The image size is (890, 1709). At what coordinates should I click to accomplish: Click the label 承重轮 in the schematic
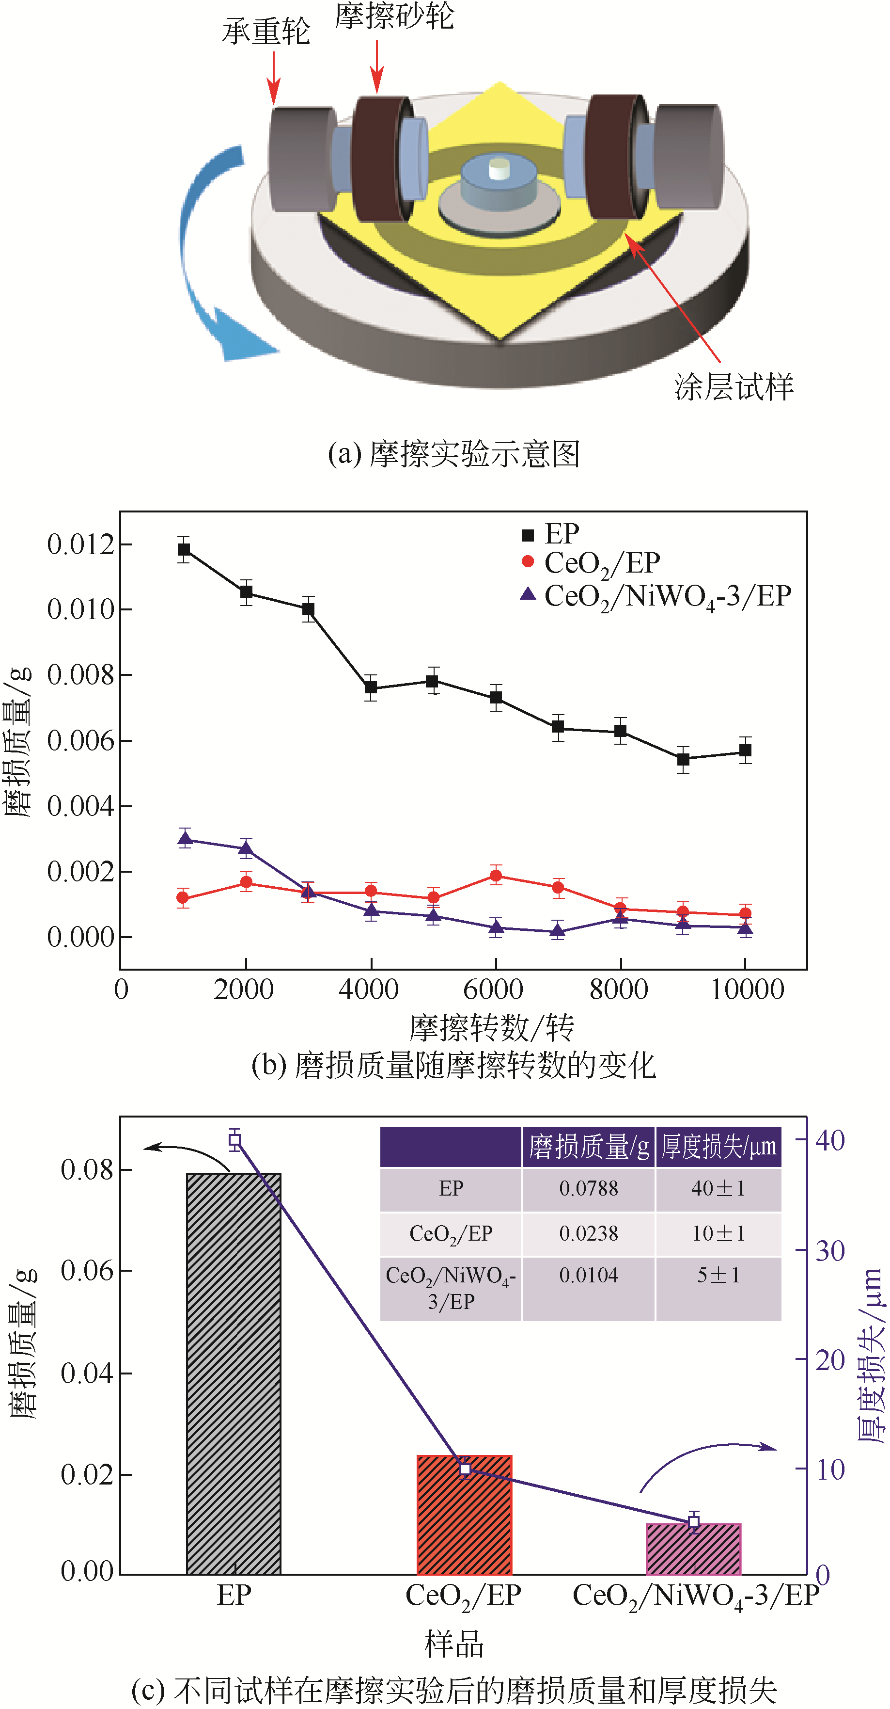266,31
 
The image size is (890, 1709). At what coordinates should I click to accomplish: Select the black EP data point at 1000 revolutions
184,549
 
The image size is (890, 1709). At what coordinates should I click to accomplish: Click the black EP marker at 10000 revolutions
746,751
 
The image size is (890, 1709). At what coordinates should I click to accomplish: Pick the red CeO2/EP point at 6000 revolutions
496,876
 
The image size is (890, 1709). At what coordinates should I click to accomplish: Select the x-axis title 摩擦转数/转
491,1027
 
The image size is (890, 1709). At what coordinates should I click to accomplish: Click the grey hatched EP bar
234,1374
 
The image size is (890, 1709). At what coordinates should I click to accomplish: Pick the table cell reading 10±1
718,1233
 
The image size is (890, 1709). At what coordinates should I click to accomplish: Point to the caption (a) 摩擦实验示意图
454,454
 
